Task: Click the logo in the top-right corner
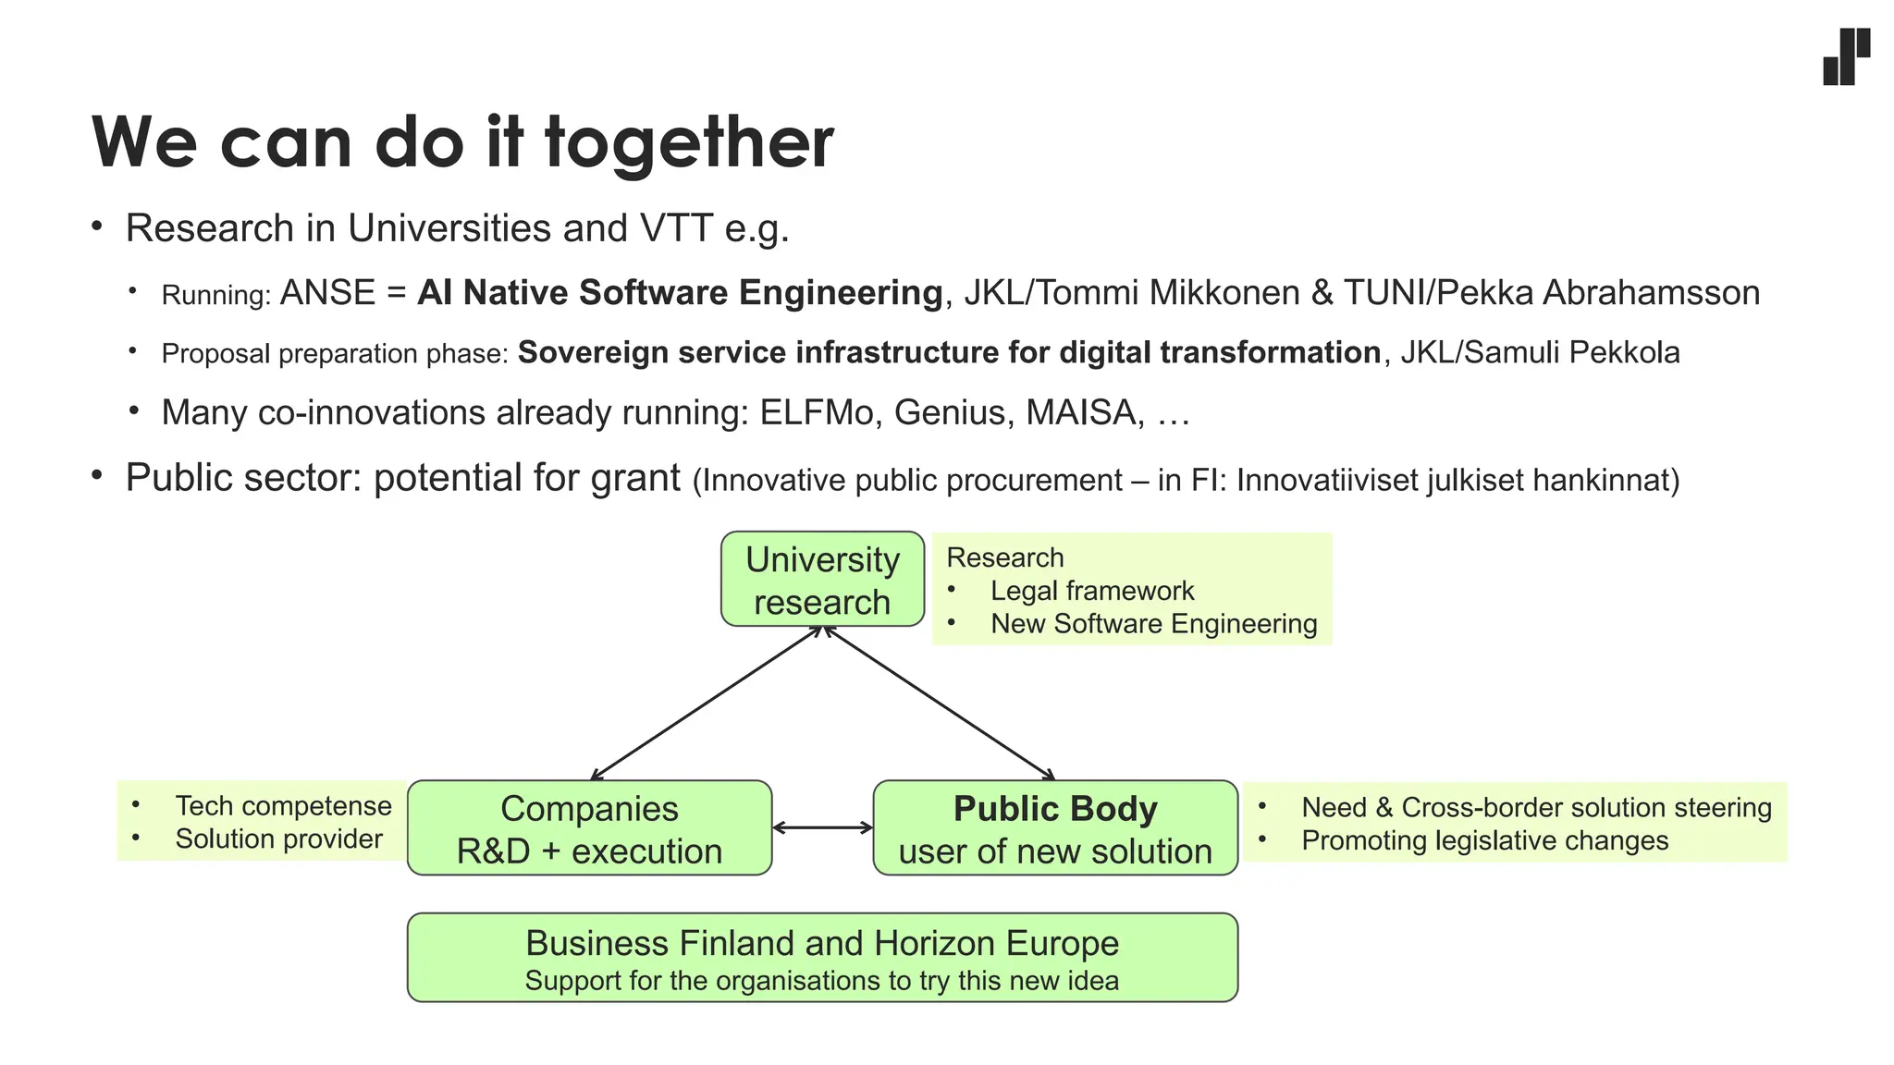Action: pyautogui.click(x=1846, y=57)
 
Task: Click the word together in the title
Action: pyautogui.click(x=689, y=143)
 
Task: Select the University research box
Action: pyautogui.click(x=822, y=580)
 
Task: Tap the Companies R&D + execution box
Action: pyautogui.click(x=589, y=828)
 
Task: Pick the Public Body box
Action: pyautogui.click(x=1055, y=828)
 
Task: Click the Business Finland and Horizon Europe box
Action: pyautogui.click(x=822, y=958)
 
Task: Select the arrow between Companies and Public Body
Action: pyautogui.click(x=822, y=827)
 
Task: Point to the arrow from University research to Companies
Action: pyautogui.click(x=706, y=704)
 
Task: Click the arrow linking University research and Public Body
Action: pyautogui.click(x=939, y=704)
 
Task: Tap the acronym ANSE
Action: pyautogui.click(x=327, y=293)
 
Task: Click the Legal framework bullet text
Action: pyautogui.click(x=1092, y=591)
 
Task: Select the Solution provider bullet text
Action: pyautogui.click(x=278, y=839)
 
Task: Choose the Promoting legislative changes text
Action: pyautogui.click(x=1484, y=841)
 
